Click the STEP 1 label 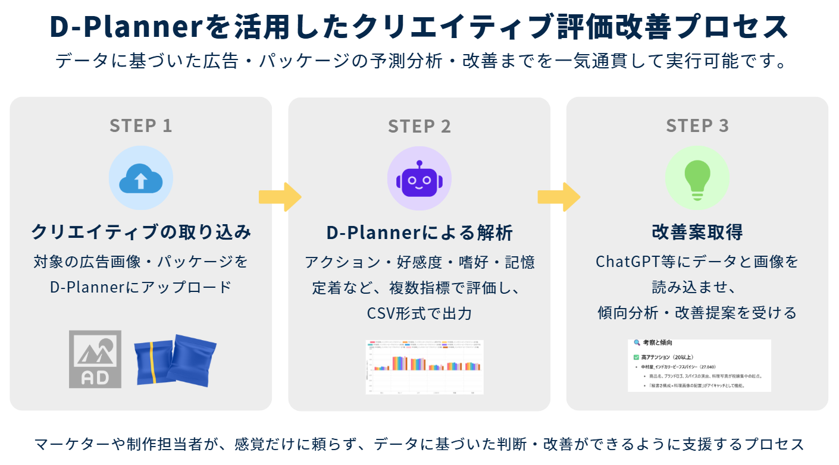140,126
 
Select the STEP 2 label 419,126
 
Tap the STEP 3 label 697,126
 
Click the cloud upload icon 140,178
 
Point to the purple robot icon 419,178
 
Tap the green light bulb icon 697,178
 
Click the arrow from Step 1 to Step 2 280,197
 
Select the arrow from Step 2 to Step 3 559,197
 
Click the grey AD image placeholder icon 95,359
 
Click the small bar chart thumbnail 424,366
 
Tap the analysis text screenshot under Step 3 699,365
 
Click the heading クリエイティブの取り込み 141,232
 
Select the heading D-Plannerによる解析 419,232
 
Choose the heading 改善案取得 697,232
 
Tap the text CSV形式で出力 419,313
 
